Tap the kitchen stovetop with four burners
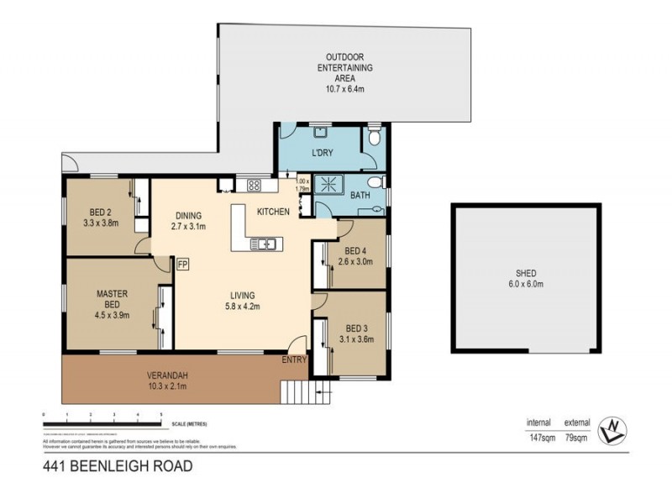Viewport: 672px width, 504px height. click(254, 186)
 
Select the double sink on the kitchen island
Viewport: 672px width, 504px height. click(263, 244)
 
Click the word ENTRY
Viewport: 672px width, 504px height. click(294, 360)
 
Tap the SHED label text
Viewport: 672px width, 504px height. click(527, 274)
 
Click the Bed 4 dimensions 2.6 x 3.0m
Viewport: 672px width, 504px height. click(356, 262)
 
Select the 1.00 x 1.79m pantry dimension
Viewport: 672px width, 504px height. click(303, 185)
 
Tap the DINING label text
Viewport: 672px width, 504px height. click(189, 214)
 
